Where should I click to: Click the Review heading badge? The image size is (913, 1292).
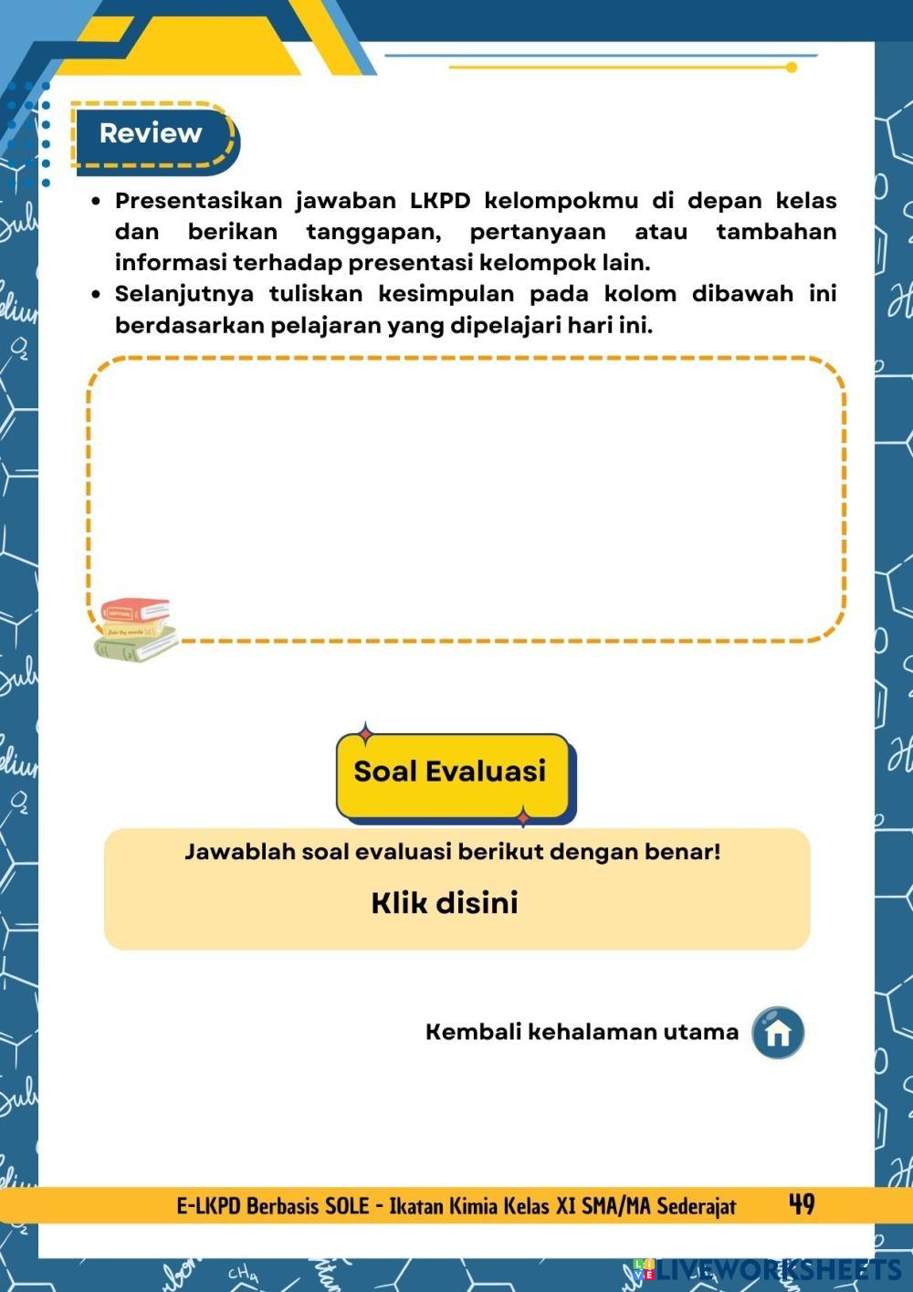(x=152, y=134)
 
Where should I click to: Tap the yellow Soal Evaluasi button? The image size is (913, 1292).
(x=451, y=772)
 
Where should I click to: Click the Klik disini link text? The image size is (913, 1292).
(x=445, y=903)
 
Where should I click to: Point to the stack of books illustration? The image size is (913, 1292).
(x=135, y=629)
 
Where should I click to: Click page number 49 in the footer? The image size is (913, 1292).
(x=802, y=1205)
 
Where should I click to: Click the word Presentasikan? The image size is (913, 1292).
(x=198, y=201)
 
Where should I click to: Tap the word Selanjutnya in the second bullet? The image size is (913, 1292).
(x=184, y=294)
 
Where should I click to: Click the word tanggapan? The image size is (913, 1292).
(x=373, y=232)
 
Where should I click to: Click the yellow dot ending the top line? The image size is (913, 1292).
(x=791, y=68)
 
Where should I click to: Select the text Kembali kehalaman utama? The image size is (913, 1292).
(x=582, y=1032)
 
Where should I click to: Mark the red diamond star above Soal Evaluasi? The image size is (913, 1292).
(x=366, y=732)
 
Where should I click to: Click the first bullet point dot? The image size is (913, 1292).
(x=96, y=201)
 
